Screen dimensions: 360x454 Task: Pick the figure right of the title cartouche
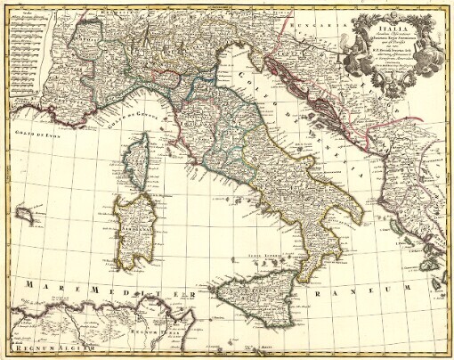[x=434, y=45]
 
